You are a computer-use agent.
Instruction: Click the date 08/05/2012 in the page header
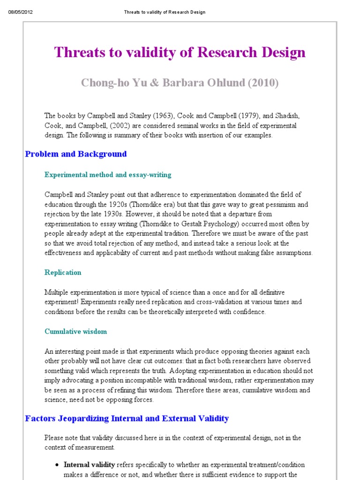pyautogui.click(x=21, y=12)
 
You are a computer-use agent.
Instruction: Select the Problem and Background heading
pyautogui.click(x=76, y=154)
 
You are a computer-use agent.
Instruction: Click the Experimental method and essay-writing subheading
pyautogui.click(x=108, y=175)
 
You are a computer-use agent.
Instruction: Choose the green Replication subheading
pyautogui.click(x=63, y=272)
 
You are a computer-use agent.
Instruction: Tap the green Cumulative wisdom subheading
pyautogui.click(x=75, y=331)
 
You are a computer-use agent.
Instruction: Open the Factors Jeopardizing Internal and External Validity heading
pyautogui.click(x=127, y=418)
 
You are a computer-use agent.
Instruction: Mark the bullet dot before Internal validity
pyautogui.click(x=57, y=465)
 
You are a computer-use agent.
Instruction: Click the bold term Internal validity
pyautogui.click(x=89, y=465)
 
